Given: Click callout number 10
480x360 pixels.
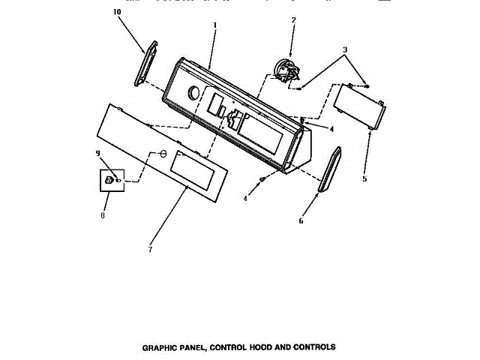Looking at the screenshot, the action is tap(116, 13).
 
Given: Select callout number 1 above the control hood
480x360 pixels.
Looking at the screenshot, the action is tap(214, 24).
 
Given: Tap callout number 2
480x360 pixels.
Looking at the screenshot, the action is tap(293, 20).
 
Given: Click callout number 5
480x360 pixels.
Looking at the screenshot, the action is tap(364, 179).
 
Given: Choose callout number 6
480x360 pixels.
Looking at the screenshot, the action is tap(301, 221).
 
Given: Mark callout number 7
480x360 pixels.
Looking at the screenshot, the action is tap(149, 249).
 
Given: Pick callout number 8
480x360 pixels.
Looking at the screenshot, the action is tap(104, 216).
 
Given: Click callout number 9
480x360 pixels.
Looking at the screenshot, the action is tap(97, 154).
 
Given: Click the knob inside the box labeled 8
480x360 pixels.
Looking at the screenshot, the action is tap(109, 180).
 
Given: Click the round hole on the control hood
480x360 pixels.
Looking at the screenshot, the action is tap(193, 93).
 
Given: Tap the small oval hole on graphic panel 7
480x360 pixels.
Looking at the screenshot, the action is tap(160, 154).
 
